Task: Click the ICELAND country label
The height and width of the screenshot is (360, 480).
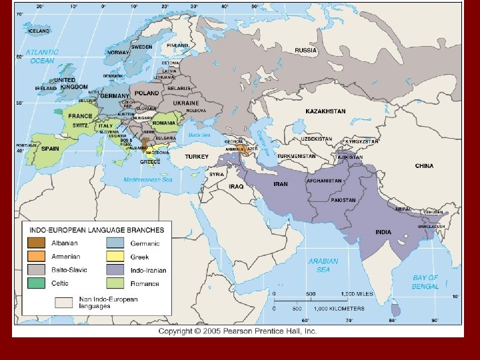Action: pyautogui.click(x=38, y=31)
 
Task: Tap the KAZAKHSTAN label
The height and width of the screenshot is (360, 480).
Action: pyautogui.click(x=325, y=111)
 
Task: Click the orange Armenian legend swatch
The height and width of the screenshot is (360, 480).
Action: pyautogui.click(x=37, y=257)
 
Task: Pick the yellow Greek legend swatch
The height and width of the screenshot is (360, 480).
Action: pyautogui.click(x=115, y=257)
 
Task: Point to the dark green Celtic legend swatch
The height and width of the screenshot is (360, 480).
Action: pyautogui.click(x=37, y=283)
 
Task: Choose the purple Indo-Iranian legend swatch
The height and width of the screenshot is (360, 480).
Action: pyautogui.click(x=115, y=270)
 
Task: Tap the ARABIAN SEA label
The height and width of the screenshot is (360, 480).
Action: pyautogui.click(x=323, y=265)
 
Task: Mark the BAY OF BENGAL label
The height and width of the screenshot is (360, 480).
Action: pyautogui.click(x=425, y=282)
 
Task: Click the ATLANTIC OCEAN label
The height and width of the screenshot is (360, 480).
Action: pyautogui.click(x=41, y=56)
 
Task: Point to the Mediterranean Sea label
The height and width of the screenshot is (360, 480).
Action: pyautogui.click(x=148, y=180)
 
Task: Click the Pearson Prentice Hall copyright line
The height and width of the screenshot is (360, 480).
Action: pyautogui.click(x=237, y=331)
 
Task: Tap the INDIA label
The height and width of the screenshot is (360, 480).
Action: pyautogui.click(x=383, y=232)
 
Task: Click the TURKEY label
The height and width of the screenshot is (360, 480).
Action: pyautogui.click(x=197, y=156)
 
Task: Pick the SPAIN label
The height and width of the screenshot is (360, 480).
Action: pyautogui.click(x=50, y=149)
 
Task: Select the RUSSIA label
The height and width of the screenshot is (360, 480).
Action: pyautogui.click(x=306, y=50)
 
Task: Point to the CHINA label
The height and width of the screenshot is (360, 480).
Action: pyautogui.click(x=424, y=166)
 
